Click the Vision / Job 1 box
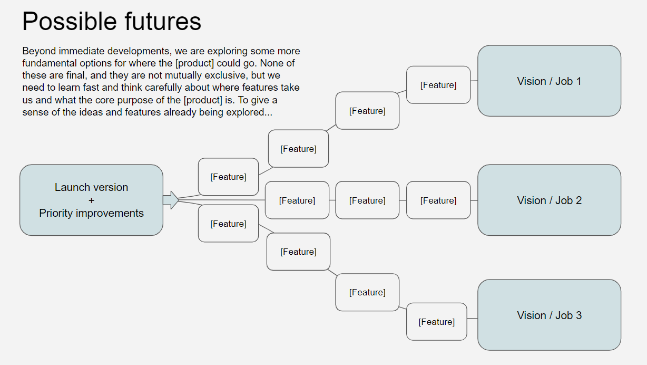pyautogui.click(x=549, y=81)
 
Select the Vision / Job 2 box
pyautogui.click(x=549, y=200)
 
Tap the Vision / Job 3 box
pyautogui.click(x=549, y=315)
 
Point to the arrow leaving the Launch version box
pyautogui.click(x=171, y=200)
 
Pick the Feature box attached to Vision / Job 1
pyautogui.click(x=438, y=85)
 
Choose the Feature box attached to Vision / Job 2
pyautogui.click(x=438, y=200)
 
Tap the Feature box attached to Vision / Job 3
pyautogui.click(x=436, y=322)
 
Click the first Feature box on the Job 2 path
pyautogui.click(x=297, y=200)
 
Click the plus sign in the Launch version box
pyautogui.click(x=91, y=200)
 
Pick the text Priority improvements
pyautogui.click(x=91, y=213)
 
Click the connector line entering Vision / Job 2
pyautogui.click(x=474, y=200)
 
